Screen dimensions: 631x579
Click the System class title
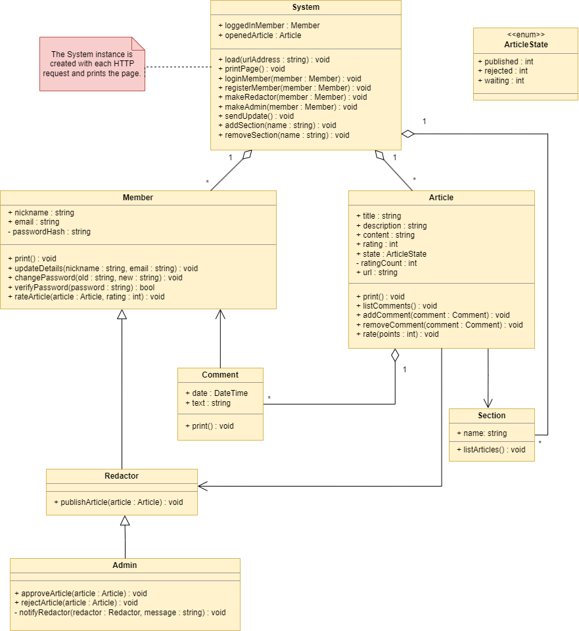pos(306,7)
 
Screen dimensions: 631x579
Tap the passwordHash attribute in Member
pos(49,232)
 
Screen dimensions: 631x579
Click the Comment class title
pos(220,375)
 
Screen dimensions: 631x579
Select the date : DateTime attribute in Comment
pos(216,393)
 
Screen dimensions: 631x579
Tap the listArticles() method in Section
pos(491,450)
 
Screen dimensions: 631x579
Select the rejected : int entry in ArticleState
pos(502,71)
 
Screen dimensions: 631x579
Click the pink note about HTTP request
pos(91,64)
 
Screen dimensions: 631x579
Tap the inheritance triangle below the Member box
pos(122,315)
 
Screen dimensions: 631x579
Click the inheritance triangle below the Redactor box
pos(125,521)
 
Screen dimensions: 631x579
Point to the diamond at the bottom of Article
pos(395,355)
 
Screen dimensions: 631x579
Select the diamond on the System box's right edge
pos(408,134)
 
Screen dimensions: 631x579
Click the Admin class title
pos(125,565)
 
